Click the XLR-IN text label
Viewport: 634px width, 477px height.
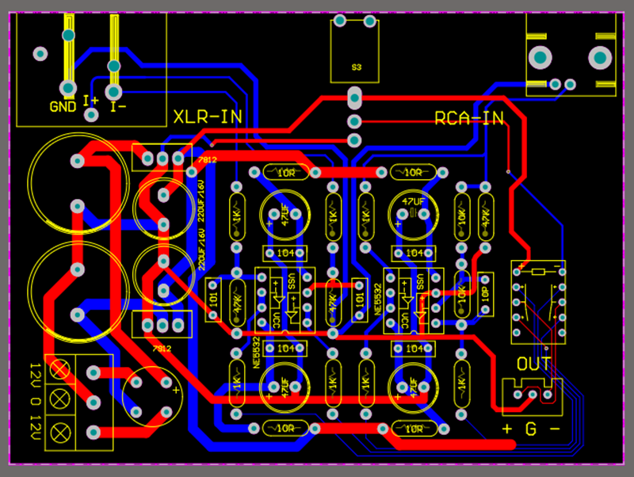click(207, 117)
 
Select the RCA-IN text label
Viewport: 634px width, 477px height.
click(469, 119)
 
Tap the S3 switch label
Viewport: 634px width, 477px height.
click(356, 68)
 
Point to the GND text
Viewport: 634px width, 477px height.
click(63, 106)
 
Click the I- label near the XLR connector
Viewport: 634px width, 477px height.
click(119, 106)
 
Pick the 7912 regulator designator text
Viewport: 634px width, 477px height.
click(162, 348)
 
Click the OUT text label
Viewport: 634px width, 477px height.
click(533, 364)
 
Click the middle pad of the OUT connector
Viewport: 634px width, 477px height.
click(533, 395)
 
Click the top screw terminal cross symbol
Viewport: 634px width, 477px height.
click(59, 368)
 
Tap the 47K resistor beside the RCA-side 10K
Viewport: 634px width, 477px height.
click(485, 215)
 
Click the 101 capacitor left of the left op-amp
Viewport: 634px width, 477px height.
click(213, 300)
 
